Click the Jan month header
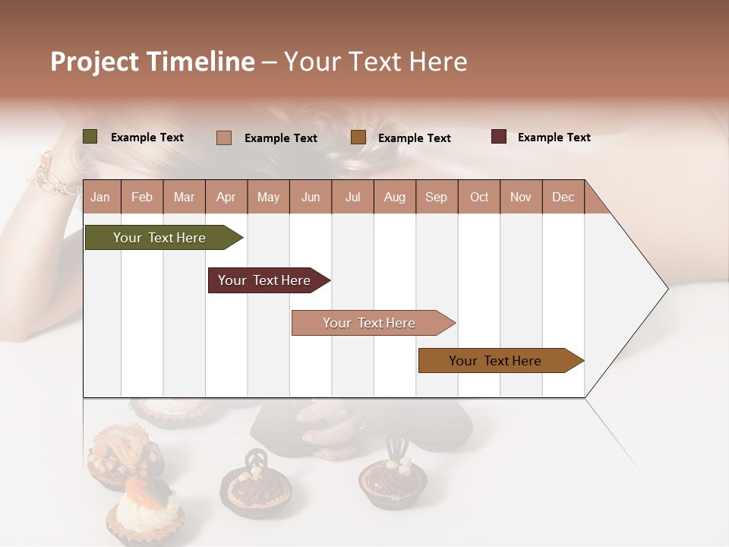pos(100,197)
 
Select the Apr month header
pos(226,197)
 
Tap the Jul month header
pos(352,197)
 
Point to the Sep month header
pos(436,197)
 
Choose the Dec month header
pos(563,197)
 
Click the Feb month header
pos(142,197)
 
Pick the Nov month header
pos(520,197)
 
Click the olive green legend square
pos(90,137)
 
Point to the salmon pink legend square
pos(224,138)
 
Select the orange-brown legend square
pos(358,138)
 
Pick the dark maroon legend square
pos(499,137)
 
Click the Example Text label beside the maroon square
pos(554,138)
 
